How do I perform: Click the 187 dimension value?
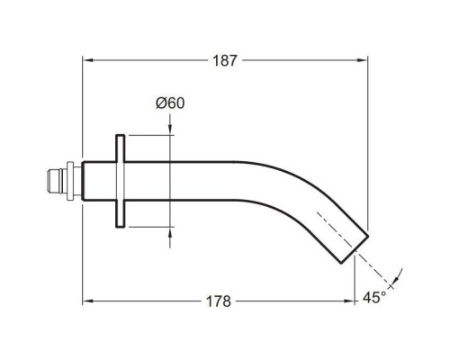[x=225, y=60]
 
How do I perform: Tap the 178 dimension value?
[x=219, y=301]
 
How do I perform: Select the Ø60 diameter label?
[x=170, y=103]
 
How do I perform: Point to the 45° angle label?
[x=374, y=298]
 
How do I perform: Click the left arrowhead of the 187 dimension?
[x=87, y=60]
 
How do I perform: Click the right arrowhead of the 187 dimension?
[x=363, y=60]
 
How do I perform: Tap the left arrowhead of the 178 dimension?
[x=87, y=301]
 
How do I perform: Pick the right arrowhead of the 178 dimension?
[x=349, y=301]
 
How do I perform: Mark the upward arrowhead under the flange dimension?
[x=170, y=232]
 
